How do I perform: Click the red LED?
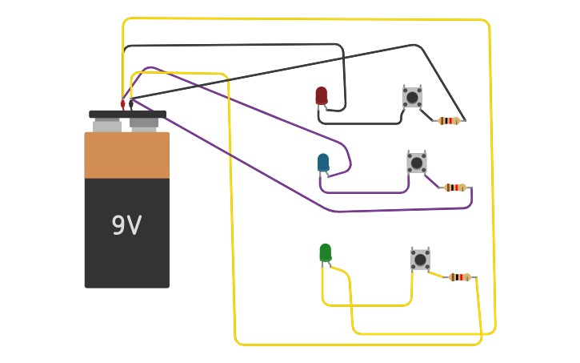coord(321,95)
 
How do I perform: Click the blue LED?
coord(323,163)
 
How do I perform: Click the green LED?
coord(325,252)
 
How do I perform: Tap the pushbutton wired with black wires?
coord(412,97)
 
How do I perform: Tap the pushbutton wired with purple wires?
coord(417,163)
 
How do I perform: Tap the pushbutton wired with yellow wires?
coord(420,259)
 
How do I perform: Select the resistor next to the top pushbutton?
coord(449,121)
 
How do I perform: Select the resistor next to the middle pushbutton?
coord(454,188)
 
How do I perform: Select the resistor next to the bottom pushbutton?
coord(459,277)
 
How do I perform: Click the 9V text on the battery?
coord(126,226)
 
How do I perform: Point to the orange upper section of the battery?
coord(126,155)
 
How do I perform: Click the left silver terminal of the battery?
coord(107,126)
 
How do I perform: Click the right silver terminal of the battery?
coord(144,124)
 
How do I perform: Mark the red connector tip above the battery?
coord(122,104)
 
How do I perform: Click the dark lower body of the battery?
coord(126,256)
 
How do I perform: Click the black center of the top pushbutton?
coord(412,97)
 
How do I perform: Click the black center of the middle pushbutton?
coord(417,163)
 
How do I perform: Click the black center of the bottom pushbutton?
coord(420,259)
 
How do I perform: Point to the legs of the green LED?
coord(326,265)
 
